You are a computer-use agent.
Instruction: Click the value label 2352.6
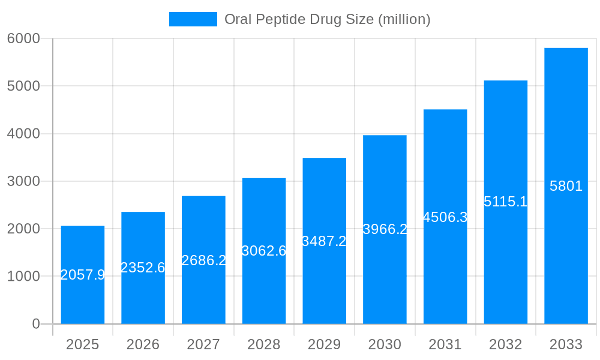143,268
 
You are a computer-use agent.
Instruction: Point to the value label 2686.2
203,260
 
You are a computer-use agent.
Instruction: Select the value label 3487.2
324,241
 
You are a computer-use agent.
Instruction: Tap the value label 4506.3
445,217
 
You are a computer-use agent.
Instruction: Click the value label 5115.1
505,202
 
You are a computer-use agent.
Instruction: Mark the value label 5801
566,186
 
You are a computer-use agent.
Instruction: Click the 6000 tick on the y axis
23,38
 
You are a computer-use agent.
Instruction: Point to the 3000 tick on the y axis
23,181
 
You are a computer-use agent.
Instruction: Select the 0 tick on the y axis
35,324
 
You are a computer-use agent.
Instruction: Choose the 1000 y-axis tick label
23,277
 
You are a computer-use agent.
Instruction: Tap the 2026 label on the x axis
143,344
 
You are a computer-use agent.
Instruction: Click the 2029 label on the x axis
324,344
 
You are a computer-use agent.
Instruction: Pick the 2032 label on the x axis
505,344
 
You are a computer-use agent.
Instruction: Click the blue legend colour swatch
193,19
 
